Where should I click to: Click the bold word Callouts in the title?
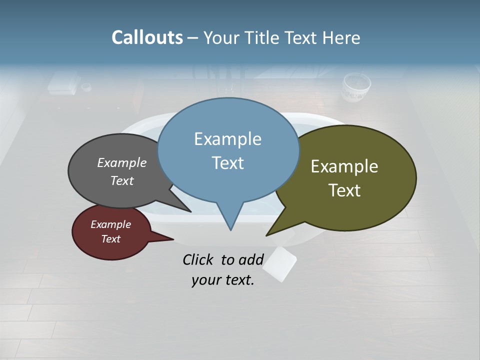[x=147, y=37]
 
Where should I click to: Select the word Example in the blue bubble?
[x=227, y=138]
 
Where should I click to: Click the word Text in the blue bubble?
[x=227, y=162]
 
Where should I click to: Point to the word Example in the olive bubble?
[x=344, y=166]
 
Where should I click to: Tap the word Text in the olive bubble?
[x=344, y=190]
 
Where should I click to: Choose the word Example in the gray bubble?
[x=121, y=162]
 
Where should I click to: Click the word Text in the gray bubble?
[x=121, y=180]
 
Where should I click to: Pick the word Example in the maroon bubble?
[x=110, y=224]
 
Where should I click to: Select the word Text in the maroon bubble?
[x=110, y=239]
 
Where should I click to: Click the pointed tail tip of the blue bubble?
[x=230, y=229]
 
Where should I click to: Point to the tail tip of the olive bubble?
[x=267, y=235]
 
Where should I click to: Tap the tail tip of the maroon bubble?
[x=172, y=239]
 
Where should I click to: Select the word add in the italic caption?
[x=250, y=259]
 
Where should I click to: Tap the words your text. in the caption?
[x=223, y=280]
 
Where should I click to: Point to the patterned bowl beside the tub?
[x=356, y=87]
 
